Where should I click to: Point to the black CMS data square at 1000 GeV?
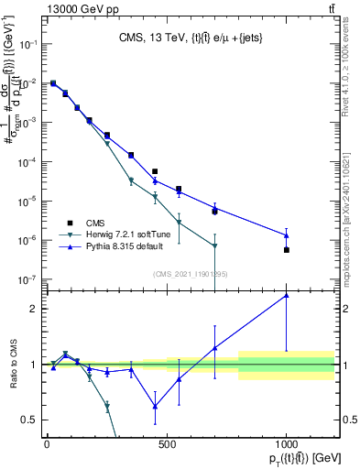287,250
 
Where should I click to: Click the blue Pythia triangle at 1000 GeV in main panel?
287,235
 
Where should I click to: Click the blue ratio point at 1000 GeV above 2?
287,295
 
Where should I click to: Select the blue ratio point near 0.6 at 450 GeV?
155,407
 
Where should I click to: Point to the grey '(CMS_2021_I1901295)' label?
190,274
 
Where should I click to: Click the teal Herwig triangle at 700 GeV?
214,245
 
